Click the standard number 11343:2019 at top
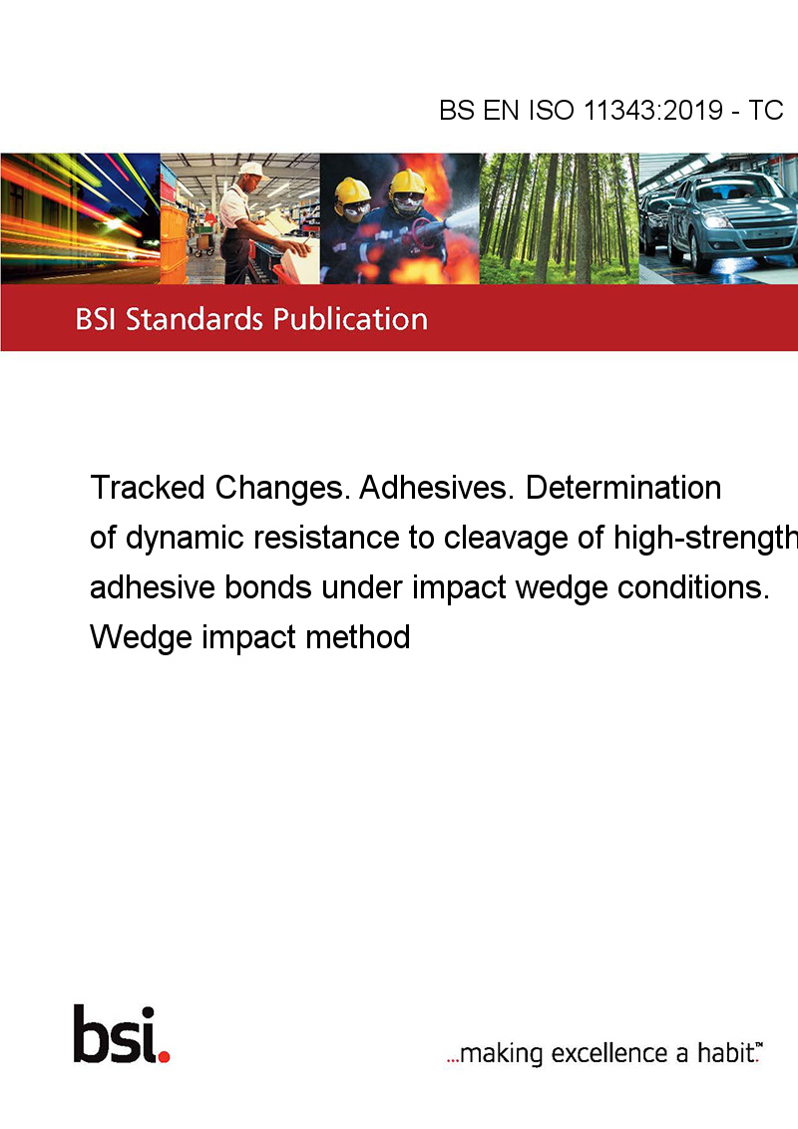653,110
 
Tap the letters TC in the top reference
766,110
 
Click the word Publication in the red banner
350,319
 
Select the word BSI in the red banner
97,319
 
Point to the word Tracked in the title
148,488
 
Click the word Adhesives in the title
434,488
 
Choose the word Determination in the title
623,488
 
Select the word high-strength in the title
706,538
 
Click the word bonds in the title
268,587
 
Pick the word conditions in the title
689,587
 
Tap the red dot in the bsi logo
164,1056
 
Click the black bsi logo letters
116,1034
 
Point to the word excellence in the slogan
609,1053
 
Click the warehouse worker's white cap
251,170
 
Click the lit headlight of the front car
715,221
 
